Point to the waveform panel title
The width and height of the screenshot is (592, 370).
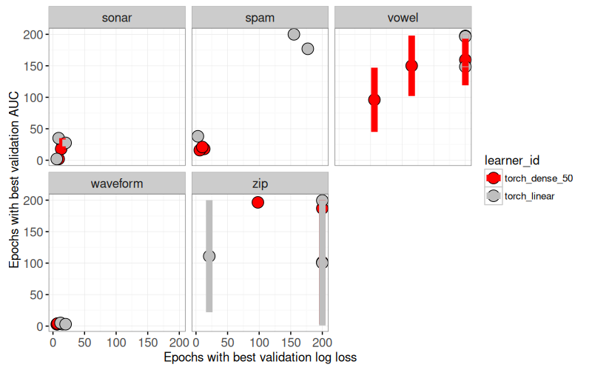(117, 184)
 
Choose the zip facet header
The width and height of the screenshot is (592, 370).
(260, 184)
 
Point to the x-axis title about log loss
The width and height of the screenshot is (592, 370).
(260, 357)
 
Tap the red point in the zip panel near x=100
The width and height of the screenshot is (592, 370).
(258, 202)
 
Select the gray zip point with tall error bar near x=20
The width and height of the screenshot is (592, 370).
(209, 256)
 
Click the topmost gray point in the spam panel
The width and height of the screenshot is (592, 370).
(294, 34)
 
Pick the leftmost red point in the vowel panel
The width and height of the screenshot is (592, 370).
(374, 99)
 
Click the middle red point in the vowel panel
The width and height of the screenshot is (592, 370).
(411, 65)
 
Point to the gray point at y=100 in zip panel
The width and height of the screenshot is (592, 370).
(322, 263)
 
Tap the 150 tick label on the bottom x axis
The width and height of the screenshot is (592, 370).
(148, 343)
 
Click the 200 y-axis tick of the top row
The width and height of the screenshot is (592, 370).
(33, 34)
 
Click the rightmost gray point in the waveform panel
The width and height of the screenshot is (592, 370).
(65, 324)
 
